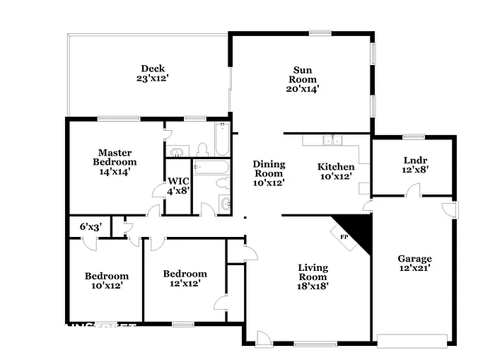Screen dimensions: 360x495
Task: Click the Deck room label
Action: tap(152, 69)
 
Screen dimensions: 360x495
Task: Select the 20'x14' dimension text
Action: tap(303, 89)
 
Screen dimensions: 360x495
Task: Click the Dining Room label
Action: tap(268, 168)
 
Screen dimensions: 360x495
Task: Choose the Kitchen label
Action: tap(335, 167)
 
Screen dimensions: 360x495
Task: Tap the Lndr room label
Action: tap(413, 159)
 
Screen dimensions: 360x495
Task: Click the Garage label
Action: tap(414, 258)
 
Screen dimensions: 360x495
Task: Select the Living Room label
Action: tap(312, 272)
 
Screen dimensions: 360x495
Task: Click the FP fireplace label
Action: tap(344, 236)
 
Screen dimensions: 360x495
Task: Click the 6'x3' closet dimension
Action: tap(90, 227)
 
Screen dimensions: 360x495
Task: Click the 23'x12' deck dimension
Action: tap(152, 79)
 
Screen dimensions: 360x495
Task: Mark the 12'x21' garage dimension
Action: tap(414, 268)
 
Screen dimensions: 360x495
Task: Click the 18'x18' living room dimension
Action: tap(312, 286)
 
